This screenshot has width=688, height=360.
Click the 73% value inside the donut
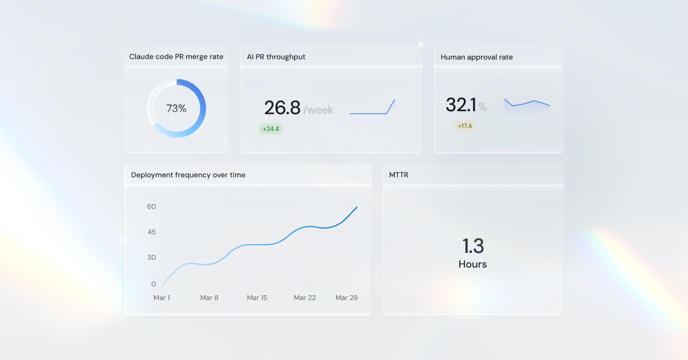point(177,108)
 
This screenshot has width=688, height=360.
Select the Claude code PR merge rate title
point(176,57)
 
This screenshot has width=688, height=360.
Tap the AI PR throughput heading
point(276,57)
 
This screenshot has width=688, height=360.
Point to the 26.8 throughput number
point(282,108)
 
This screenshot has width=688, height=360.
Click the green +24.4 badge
point(271,129)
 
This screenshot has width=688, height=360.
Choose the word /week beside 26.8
point(318,109)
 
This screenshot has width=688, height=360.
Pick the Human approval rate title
point(476,57)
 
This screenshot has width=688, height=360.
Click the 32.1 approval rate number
point(461,105)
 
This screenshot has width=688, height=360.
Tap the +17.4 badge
point(465,126)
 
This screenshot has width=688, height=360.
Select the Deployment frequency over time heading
point(188,175)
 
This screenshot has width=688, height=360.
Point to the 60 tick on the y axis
point(151,206)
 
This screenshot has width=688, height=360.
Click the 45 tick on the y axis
point(151,232)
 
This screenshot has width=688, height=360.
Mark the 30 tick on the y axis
point(151,257)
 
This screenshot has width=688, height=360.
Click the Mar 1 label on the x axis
point(162,298)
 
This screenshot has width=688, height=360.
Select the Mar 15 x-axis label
point(257,298)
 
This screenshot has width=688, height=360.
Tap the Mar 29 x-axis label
point(346,298)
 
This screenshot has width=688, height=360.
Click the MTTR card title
point(398,175)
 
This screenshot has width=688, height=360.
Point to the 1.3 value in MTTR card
point(473,246)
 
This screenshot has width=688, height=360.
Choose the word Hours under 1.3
point(473,264)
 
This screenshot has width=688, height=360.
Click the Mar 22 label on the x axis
point(304,298)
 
